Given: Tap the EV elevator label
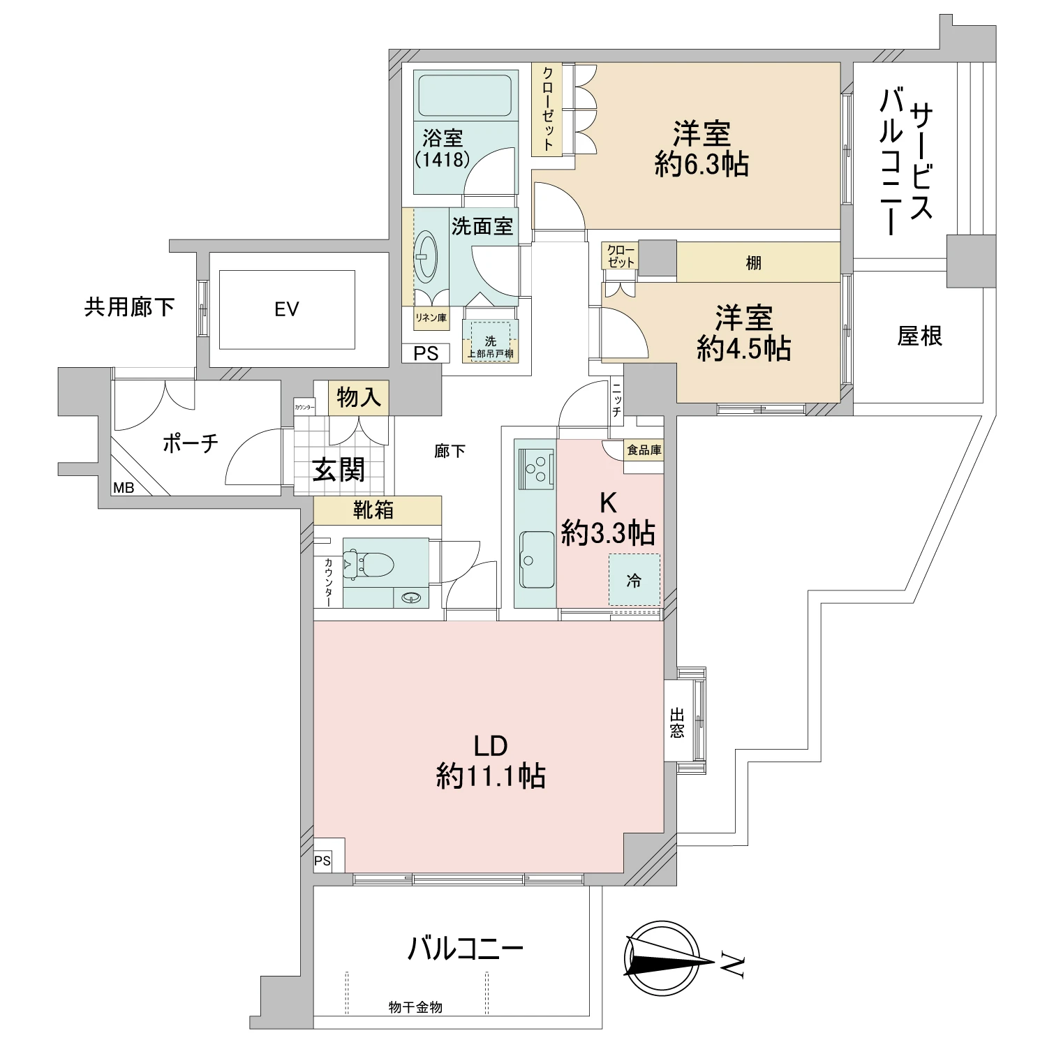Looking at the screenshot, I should point(286,309).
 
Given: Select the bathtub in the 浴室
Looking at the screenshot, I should point(465,96).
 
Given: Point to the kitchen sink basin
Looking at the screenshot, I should point(535,558).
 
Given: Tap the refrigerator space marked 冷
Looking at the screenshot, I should point(634,580).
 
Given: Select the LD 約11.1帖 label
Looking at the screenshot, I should point(490,761).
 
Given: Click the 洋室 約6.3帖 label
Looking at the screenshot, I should point(701,149).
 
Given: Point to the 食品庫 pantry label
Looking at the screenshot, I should point(644,451).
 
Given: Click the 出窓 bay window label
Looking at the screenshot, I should point(676,722).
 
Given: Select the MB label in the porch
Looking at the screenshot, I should point(124,488).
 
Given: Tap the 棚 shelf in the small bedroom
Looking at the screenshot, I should point(754,263).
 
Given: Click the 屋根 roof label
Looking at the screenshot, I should point(919,336).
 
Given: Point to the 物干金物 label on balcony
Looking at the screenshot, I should point(415,1007).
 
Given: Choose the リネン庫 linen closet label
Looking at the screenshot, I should point(431,318).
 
